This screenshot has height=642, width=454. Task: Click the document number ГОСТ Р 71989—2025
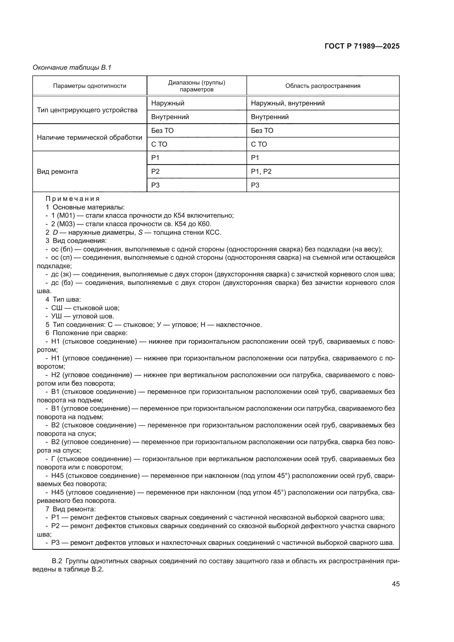pyautogui.click(x=362, y=46)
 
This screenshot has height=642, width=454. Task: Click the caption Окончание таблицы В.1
pyautogui.click(x=72, y=68)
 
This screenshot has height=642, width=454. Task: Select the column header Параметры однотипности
pyautogui.click(x=89, y=86)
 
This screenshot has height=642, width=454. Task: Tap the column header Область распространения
pyautogui.click(x=323, y=86)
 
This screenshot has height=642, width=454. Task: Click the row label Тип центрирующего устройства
pyautogui.click(x=87, y=110)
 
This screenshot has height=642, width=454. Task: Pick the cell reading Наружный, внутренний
pyautogui.click(x=288, y=103)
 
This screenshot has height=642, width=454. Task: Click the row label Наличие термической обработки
pyautogui.click(x=89, y=137)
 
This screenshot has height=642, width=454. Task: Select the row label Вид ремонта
pyautogui.click(x=57, y=171)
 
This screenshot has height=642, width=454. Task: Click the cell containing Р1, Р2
pyautogui.click(x=261, y=171)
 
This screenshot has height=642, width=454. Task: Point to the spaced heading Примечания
pyautogui.click(x=72, y=199)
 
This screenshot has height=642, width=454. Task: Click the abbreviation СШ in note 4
pyautogui.click(x=57, y=308)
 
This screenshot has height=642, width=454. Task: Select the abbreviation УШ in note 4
pyautogui.click(x=57, y=316)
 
